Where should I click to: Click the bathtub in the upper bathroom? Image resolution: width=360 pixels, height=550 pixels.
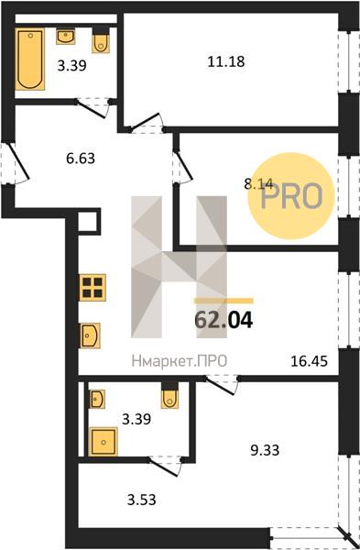click(x=30, y=59)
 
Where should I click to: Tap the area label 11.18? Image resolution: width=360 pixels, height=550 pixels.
click(x=226, y=62)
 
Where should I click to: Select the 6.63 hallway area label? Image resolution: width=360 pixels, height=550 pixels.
click(x=81, y=159)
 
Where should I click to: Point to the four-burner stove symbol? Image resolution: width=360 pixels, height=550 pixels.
click(x=93, y=288)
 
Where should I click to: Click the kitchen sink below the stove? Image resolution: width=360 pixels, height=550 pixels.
click(x=91, y=335)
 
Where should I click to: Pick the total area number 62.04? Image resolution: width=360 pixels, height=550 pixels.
click(x=224, y=320)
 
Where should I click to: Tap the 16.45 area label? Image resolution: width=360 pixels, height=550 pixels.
click(x=310, y=361)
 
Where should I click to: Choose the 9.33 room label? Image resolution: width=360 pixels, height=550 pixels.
click(x=265, y=450)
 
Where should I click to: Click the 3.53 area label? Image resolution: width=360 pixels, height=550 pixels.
click(x=142, y=500)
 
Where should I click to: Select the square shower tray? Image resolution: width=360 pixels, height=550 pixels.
click(x=104, y=442)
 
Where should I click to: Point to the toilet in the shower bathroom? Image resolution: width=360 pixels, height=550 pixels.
click(x=169, y=396)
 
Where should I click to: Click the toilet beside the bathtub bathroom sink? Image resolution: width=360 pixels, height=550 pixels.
click(x=101, y=41)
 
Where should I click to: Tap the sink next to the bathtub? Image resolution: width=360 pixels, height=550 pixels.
click(x=66, y=37)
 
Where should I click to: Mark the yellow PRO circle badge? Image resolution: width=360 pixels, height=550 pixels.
click(x=291, y=196)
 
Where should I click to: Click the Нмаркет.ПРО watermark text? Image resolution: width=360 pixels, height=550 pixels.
click(x=180, y=361)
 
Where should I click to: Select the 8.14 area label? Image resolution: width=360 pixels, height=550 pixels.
click(x=258, y=183)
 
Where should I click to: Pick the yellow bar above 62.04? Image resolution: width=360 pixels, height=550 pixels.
click(x=224, y=301)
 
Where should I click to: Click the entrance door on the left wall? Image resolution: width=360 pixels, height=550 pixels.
click(x=15, y=163)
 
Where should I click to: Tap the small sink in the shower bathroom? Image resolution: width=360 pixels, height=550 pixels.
click(x=96, y=399)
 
